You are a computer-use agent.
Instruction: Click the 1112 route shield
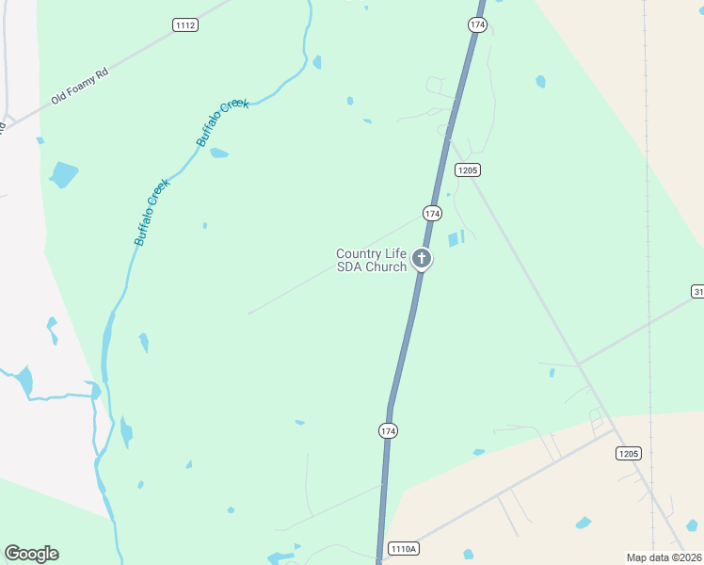coord(186,25)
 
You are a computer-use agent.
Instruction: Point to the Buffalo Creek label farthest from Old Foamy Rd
coord(151,212)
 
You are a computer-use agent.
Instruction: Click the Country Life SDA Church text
coord(372,260)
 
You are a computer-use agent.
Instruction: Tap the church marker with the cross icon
coord(423,259)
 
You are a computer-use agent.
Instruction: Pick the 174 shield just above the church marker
coord(432,214)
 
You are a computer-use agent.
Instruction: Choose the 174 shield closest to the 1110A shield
coord(388,430)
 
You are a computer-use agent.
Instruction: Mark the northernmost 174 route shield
coord(477,25)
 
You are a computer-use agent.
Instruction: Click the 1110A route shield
coord(402,548)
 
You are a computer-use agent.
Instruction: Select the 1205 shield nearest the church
coord(467,170)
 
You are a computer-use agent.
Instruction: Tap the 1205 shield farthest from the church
coord(629,454)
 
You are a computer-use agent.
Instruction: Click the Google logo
coord(31,554)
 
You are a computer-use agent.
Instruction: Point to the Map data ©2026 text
coord(664,557)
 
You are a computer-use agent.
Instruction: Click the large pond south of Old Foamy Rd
coord(64,174)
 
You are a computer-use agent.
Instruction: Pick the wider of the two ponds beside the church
coord(453,239)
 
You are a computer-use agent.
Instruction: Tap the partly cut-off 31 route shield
coord(697,292)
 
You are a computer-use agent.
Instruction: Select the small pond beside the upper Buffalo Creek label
coord(218,153)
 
